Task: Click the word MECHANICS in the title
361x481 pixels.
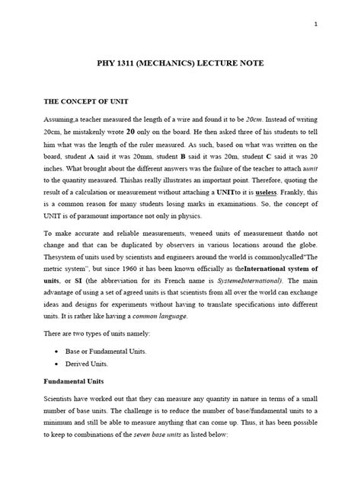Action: pyautogui.click(x=171, y=64)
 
